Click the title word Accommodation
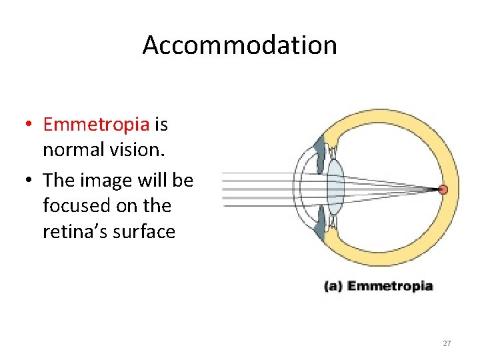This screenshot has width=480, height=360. [x=239, y=45]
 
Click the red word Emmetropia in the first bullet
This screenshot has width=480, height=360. [x=96, y=124]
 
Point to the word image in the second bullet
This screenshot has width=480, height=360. [x=106, y=180]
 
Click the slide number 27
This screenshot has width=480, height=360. [x=447, y=343]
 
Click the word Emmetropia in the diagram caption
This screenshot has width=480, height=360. [x=390, y=287]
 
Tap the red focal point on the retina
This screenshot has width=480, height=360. [x=443, y=190]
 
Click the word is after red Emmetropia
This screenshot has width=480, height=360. [x=161, y=124]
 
